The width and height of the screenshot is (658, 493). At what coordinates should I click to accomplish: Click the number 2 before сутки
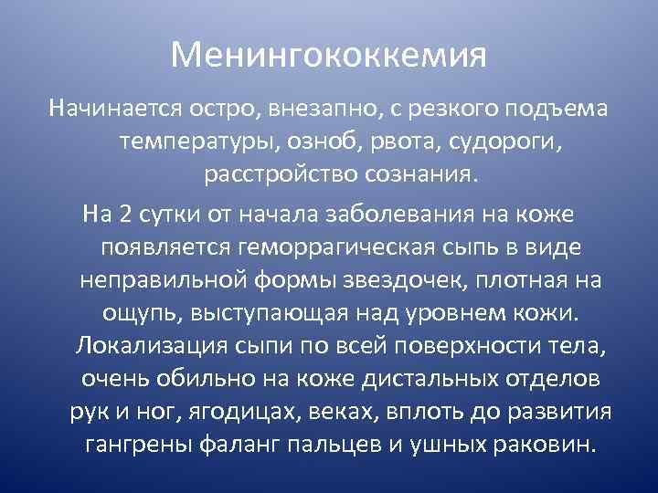pyautogui.click(x=125, y=215)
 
